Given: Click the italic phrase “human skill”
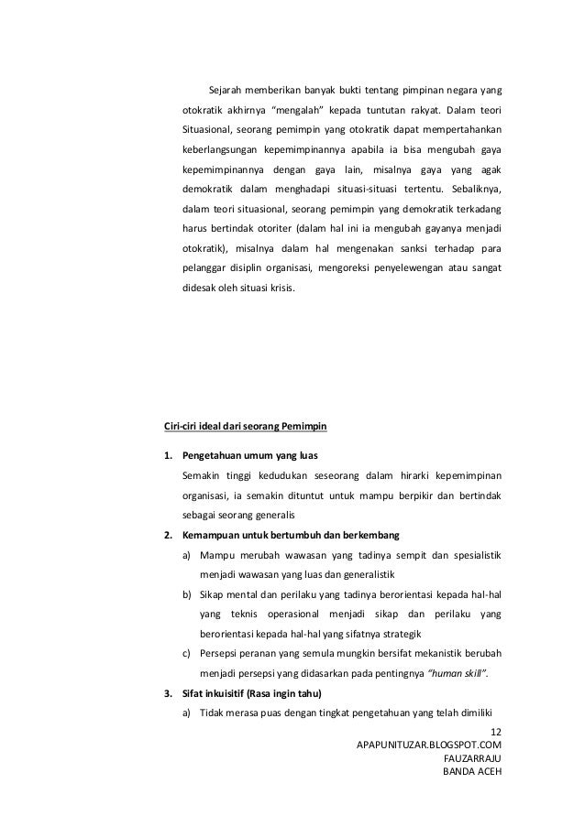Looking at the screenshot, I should [x=460, y=673].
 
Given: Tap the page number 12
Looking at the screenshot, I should [x=498, y=732].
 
